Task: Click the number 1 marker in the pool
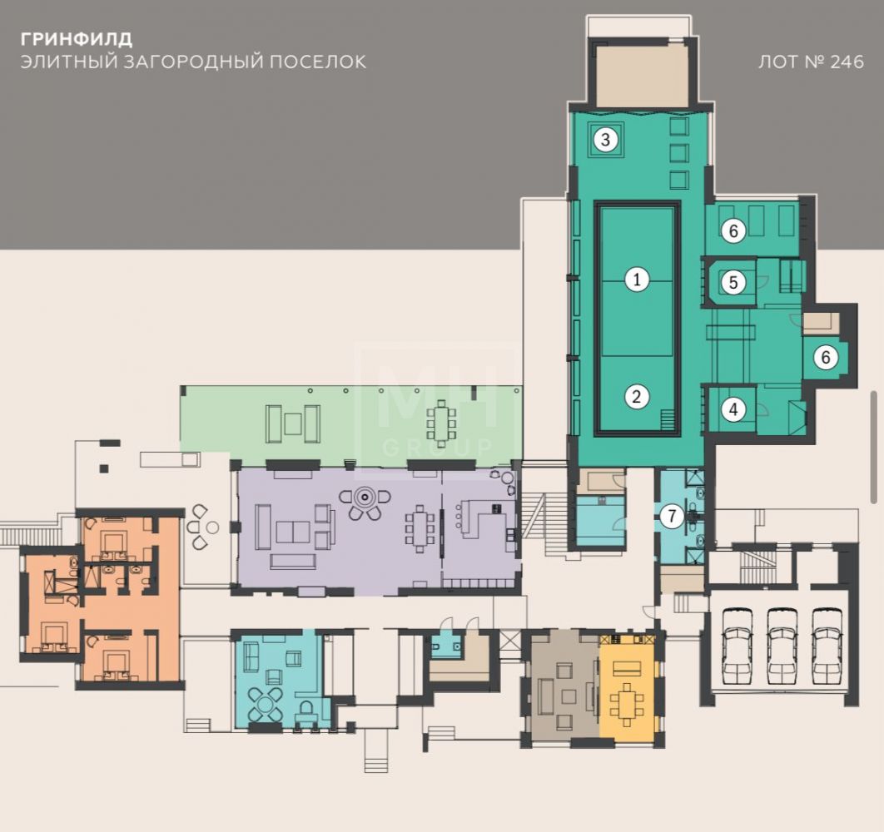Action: (637, 279)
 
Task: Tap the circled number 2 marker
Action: (637, 397)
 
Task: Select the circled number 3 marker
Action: (605, 139)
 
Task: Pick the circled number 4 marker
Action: (733, 409)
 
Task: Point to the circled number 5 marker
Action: (733, 282)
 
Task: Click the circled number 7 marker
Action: (672, 516)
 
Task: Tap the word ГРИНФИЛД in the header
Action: (77, 39)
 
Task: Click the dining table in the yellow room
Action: (626, 704)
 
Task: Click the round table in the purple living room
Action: (365, 498)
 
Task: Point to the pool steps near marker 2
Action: (668, 420)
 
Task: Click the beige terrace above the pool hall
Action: (642, 76)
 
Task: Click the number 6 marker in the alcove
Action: (826, 357)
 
